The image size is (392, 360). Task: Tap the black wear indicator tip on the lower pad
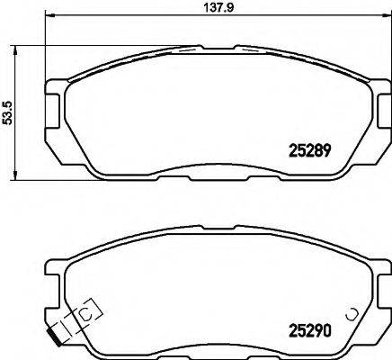[57, 338]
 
